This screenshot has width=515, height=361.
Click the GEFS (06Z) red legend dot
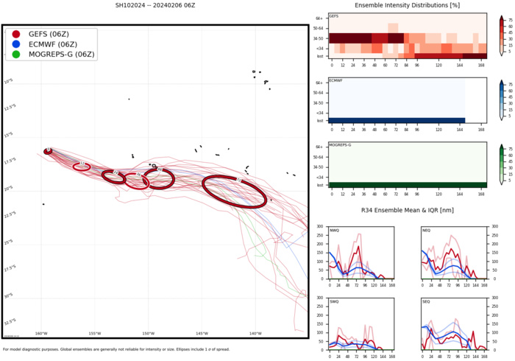coord(16,34)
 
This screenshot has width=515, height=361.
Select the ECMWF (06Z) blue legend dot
coord(16,44)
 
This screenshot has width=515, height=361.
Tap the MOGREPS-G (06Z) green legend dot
coord(16,55)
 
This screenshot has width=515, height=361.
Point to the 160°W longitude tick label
coord(41,333)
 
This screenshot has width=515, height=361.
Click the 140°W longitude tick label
coord(255,333)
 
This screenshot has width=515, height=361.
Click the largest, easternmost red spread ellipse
coord(234,192)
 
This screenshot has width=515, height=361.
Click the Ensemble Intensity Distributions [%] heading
coord(407,5)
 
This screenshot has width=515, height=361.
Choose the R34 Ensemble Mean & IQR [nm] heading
coord(407,211)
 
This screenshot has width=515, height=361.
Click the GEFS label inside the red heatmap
coord(334,15)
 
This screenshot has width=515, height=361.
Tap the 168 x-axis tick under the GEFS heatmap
coord(481,64)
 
